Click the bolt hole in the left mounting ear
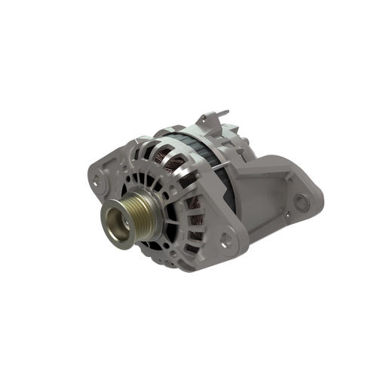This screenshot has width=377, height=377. tap(94, 181)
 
